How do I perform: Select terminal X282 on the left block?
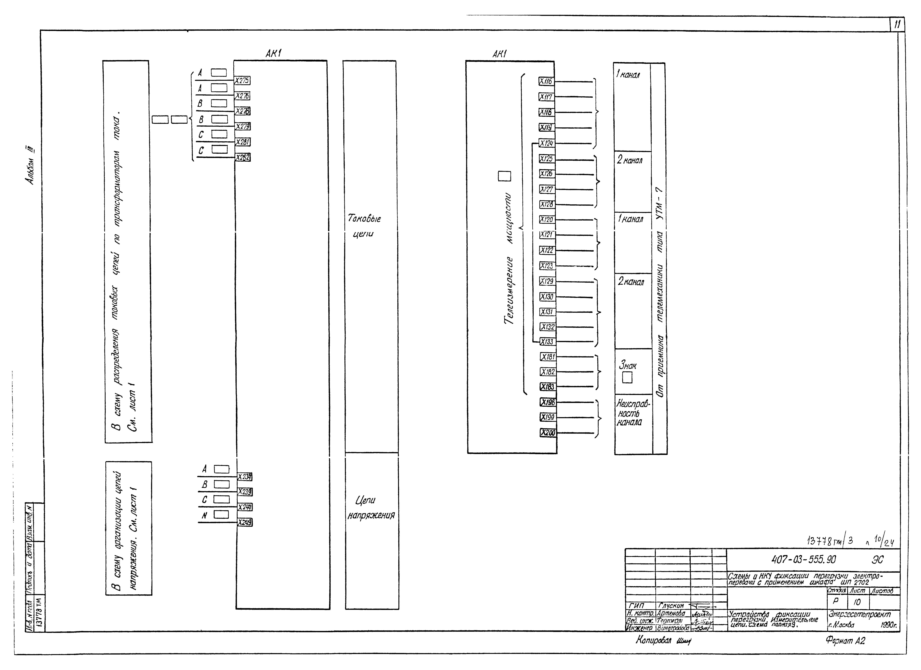click(x=243, y=157)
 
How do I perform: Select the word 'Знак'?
click(x=628, y=366)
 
